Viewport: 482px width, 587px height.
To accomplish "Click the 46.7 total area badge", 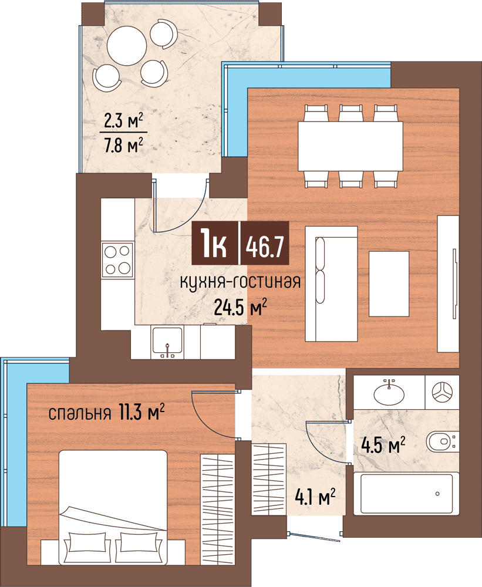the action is pyautogui.click(x=265, y=244).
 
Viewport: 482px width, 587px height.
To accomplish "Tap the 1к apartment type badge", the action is pyautogui.click(x=215, y=244).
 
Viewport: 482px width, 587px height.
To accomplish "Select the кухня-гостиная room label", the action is pyautogui.click(x=241, y=282).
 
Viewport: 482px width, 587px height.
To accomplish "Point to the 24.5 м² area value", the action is pyautogui.click(x=241, y=307).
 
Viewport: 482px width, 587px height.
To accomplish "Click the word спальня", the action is pyautogui.click(x=80, y=414).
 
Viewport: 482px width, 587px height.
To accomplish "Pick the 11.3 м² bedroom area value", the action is pyautogui.click(x=141, y=412).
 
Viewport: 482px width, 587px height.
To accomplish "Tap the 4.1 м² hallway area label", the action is pyautogui.click(x=315, y=497).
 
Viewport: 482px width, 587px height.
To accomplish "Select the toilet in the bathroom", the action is pyautogui.click(x=442, y=441).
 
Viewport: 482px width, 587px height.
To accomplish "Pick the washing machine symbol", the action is pyautogui.click(x=442, y=392).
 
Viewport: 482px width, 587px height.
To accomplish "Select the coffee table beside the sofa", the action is pyautogui.click(x=389, y=284).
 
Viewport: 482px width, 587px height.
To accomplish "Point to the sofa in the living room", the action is pyautogui.click(x=331, y=284).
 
